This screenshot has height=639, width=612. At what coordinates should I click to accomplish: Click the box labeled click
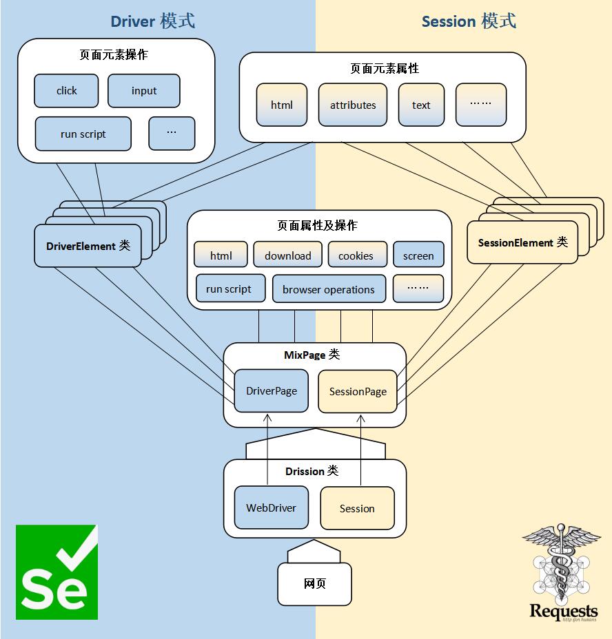point(66,91)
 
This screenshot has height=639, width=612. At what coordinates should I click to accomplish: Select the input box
point(143,91)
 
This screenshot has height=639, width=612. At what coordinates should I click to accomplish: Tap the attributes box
point(352,105)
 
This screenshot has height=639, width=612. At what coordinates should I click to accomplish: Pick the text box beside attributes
point(421,105)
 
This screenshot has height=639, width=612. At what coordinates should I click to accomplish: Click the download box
point(287,255)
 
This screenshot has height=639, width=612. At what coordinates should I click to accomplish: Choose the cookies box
point(356,255)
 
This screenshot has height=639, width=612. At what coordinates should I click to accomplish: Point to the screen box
point(418,255)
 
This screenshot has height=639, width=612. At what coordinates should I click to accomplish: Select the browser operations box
point(328,289)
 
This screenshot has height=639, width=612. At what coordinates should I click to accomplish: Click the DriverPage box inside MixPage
point(272,391)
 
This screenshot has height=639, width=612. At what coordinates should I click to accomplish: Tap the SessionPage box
point(358,392)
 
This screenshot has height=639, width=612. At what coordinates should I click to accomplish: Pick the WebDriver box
point(271,508)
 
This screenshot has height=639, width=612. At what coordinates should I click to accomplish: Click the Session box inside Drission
point(357,509)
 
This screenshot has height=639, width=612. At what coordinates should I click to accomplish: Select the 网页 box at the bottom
point(314,584)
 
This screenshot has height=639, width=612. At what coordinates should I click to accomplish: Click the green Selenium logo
point(57,572)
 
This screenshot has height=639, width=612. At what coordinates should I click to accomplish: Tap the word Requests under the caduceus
point(563,611)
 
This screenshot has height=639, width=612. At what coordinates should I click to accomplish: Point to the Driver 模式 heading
point(152,21)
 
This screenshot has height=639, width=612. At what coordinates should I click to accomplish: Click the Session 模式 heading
point(469,21)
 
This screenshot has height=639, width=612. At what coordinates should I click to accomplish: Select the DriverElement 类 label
point(88,246)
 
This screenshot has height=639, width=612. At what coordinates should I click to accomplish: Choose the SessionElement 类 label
point(522,243)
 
